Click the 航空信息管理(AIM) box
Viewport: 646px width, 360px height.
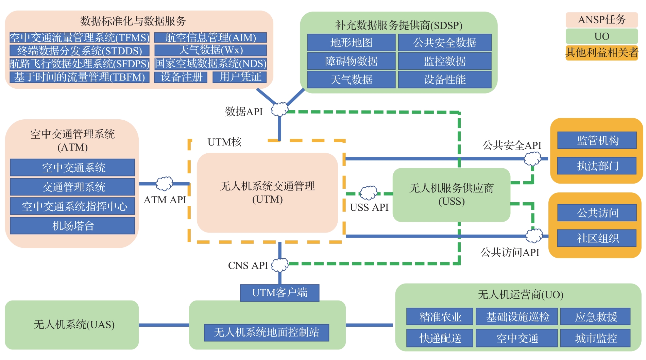pos(210,37)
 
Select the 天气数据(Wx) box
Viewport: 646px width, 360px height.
pos(210,50)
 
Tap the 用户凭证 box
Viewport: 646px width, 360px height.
pos(240,77)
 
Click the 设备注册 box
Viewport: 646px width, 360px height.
pos(181,77)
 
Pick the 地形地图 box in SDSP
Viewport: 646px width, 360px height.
pos(351,42)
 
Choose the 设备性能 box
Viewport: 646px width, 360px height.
pos(445,80)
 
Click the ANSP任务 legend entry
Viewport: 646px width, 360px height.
pos(601,20)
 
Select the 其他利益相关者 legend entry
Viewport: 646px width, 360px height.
pos(601,53)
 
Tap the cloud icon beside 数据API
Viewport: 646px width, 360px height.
pos(279,109)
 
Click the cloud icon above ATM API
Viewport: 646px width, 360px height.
pos(165,184)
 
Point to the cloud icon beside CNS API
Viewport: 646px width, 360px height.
pos(280,265)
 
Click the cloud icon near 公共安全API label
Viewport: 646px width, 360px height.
pos(532,158)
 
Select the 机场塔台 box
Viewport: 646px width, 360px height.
pos(72,226)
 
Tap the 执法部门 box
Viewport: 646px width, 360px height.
pos(597,166)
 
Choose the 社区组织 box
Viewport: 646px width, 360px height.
pos(597,238)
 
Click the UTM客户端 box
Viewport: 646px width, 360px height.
pos(279,293)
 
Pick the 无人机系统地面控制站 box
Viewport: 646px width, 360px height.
pos(267,332)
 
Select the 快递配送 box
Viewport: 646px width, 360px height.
pos(440,338)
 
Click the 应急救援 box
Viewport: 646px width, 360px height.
pos(596,317)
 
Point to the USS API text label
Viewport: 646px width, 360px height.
pos(369,207)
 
